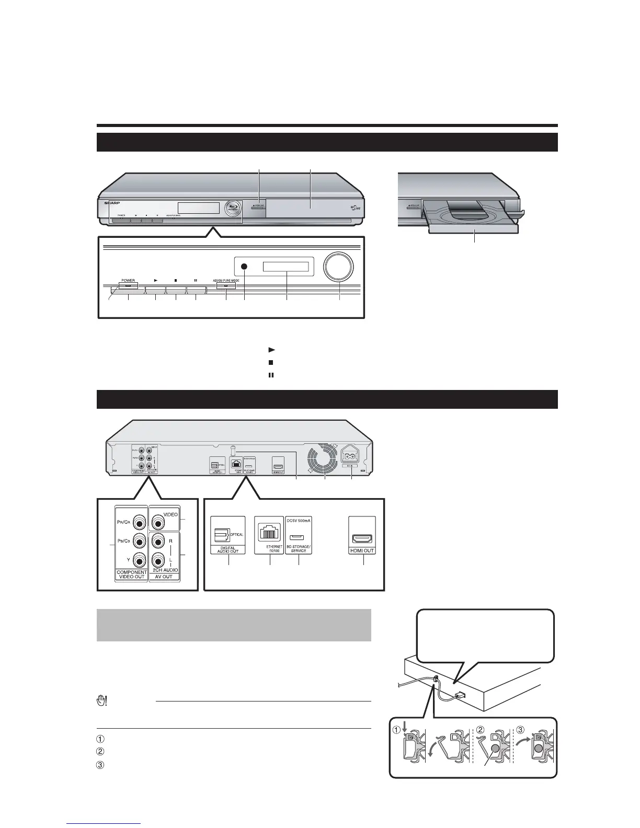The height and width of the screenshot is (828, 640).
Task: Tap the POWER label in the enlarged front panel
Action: tap(128, 280)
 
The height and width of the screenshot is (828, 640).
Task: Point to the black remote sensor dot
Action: tap(244, 267)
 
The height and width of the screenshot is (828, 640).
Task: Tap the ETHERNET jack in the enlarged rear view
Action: tap(269, 534)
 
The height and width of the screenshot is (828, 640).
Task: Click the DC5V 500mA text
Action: tap(299, 521)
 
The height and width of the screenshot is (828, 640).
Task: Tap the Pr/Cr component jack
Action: tap(139, 522)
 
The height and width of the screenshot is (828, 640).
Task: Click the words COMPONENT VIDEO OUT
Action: tap(132, 574)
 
